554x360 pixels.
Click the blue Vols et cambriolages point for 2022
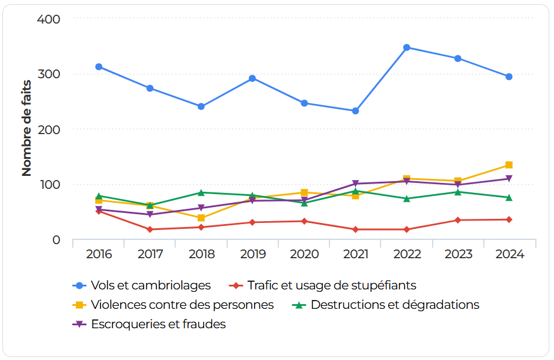(x=406, y=47)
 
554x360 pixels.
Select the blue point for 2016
(x=99, y=66)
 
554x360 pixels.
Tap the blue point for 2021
(x=355, y=111)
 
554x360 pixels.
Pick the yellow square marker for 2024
(x=509, y=165)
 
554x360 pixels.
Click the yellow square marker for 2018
(x=201, y=218)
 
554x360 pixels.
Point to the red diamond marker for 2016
(x=99, y=211)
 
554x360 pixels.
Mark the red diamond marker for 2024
(x=509, y=219)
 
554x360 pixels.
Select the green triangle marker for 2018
(x=201, y=192)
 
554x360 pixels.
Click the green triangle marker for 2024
(x=509, y=198)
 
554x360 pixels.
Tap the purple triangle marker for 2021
(x=355, y=184)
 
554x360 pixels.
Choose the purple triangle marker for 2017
(x=150, y=215)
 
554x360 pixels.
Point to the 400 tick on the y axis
(x=49, y=19)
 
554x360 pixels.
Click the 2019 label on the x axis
(x=253, y=254)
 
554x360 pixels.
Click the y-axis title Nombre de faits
(x=26, y=128)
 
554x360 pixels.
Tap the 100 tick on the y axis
(x=49, y=185)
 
